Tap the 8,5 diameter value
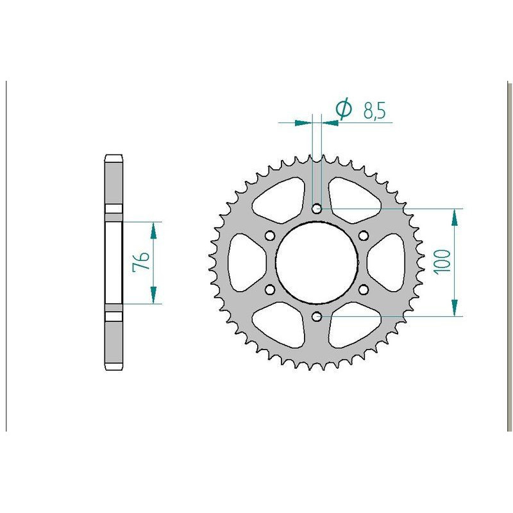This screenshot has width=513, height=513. (374, 111)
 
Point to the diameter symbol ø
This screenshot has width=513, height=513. (344, 110)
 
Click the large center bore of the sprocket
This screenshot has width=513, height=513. (316, 262)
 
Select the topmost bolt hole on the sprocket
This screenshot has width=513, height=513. (316, 208)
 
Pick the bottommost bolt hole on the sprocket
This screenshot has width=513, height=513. (316, 316)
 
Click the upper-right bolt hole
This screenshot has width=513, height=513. (363, 235)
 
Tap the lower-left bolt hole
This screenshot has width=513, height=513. (269, 289)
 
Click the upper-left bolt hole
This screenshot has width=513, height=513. (269, 235)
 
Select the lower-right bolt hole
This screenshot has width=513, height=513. (363, 289)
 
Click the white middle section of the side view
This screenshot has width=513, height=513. (114, 262)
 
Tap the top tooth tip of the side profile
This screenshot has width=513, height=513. (114, 158)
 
